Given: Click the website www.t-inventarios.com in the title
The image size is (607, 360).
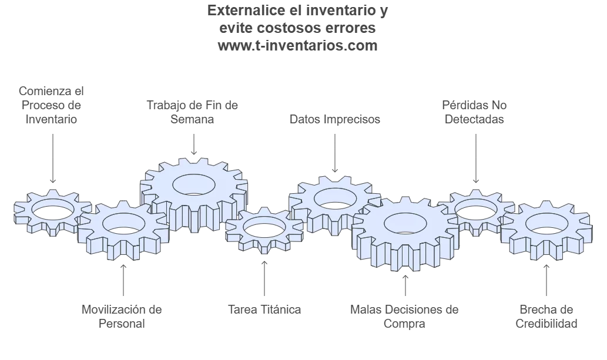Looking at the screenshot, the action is (297, 46).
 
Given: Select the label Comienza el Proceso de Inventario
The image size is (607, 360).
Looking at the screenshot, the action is (51, 105).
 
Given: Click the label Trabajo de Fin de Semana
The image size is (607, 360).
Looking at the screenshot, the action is (192, 112).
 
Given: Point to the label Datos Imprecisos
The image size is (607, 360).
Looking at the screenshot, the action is (335, 119).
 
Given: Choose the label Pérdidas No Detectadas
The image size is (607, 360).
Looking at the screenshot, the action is (474, 112).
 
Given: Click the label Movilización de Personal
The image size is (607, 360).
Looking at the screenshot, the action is (122, 317).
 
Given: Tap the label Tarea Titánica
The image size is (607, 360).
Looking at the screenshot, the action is (264, 309).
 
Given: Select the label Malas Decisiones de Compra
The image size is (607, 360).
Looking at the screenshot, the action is (404, 317).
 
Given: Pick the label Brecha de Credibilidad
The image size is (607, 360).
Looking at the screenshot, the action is (546, 317).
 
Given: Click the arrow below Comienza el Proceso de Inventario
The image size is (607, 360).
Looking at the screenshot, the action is (53, 159).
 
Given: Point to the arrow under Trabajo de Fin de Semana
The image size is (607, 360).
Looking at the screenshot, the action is (194, 144).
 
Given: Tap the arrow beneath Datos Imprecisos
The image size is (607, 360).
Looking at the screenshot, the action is (335, 153).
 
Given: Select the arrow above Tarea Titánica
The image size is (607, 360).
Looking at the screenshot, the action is (264, 278).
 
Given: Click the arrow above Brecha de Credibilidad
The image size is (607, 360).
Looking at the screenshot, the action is (546, 280).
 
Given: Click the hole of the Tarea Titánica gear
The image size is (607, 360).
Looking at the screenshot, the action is (264, 227).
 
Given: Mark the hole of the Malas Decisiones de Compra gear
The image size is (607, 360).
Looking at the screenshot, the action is (405, 223).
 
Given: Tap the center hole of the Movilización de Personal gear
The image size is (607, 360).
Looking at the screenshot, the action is (123, 223).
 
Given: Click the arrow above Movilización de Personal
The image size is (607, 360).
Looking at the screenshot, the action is (123, 280).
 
